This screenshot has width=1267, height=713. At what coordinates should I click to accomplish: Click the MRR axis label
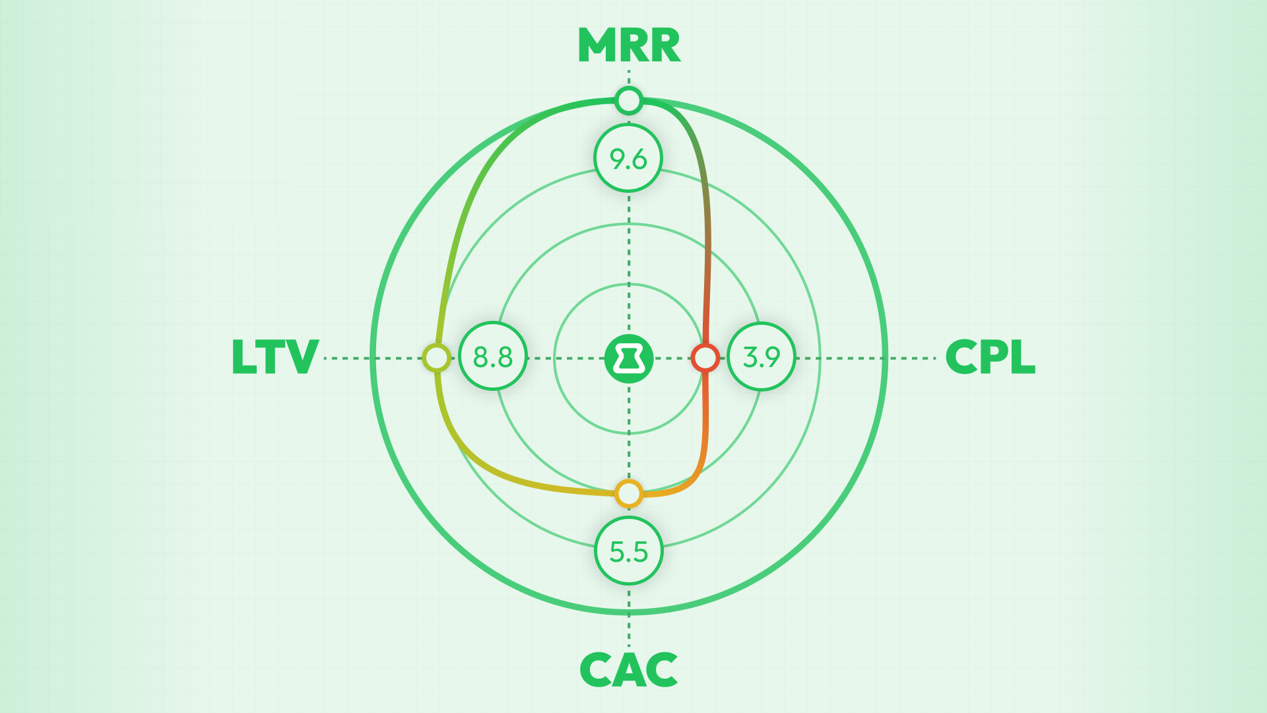tap(629, 46)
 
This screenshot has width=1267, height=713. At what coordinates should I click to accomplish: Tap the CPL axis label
tap(990, 358)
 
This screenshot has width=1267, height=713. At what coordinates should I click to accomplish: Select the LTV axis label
tap(275, 358)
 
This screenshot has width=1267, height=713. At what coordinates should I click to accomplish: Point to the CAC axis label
tap(629, 670)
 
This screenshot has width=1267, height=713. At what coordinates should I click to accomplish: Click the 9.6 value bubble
tap(628, 158)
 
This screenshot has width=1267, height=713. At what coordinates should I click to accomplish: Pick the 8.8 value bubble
tap(493, 356)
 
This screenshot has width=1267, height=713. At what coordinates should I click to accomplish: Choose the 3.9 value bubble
tap(762, 356)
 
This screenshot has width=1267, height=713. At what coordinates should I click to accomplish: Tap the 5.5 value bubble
tap(628, 551)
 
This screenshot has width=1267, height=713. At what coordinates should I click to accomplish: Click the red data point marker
tap(705, 357)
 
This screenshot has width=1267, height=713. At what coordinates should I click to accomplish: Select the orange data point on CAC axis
tap(628, 493)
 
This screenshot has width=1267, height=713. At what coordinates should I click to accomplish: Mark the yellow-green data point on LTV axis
tap(436, 358)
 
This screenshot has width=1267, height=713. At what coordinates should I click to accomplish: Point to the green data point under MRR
tap(628, 101)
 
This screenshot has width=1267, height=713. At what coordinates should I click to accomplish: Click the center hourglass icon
tap(629, 358)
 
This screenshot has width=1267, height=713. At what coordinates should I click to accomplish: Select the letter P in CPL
tap(991, 358)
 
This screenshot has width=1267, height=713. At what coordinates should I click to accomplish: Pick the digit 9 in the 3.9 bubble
tap(771, 357)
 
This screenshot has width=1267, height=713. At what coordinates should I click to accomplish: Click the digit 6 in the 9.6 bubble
tap(638, 159)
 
